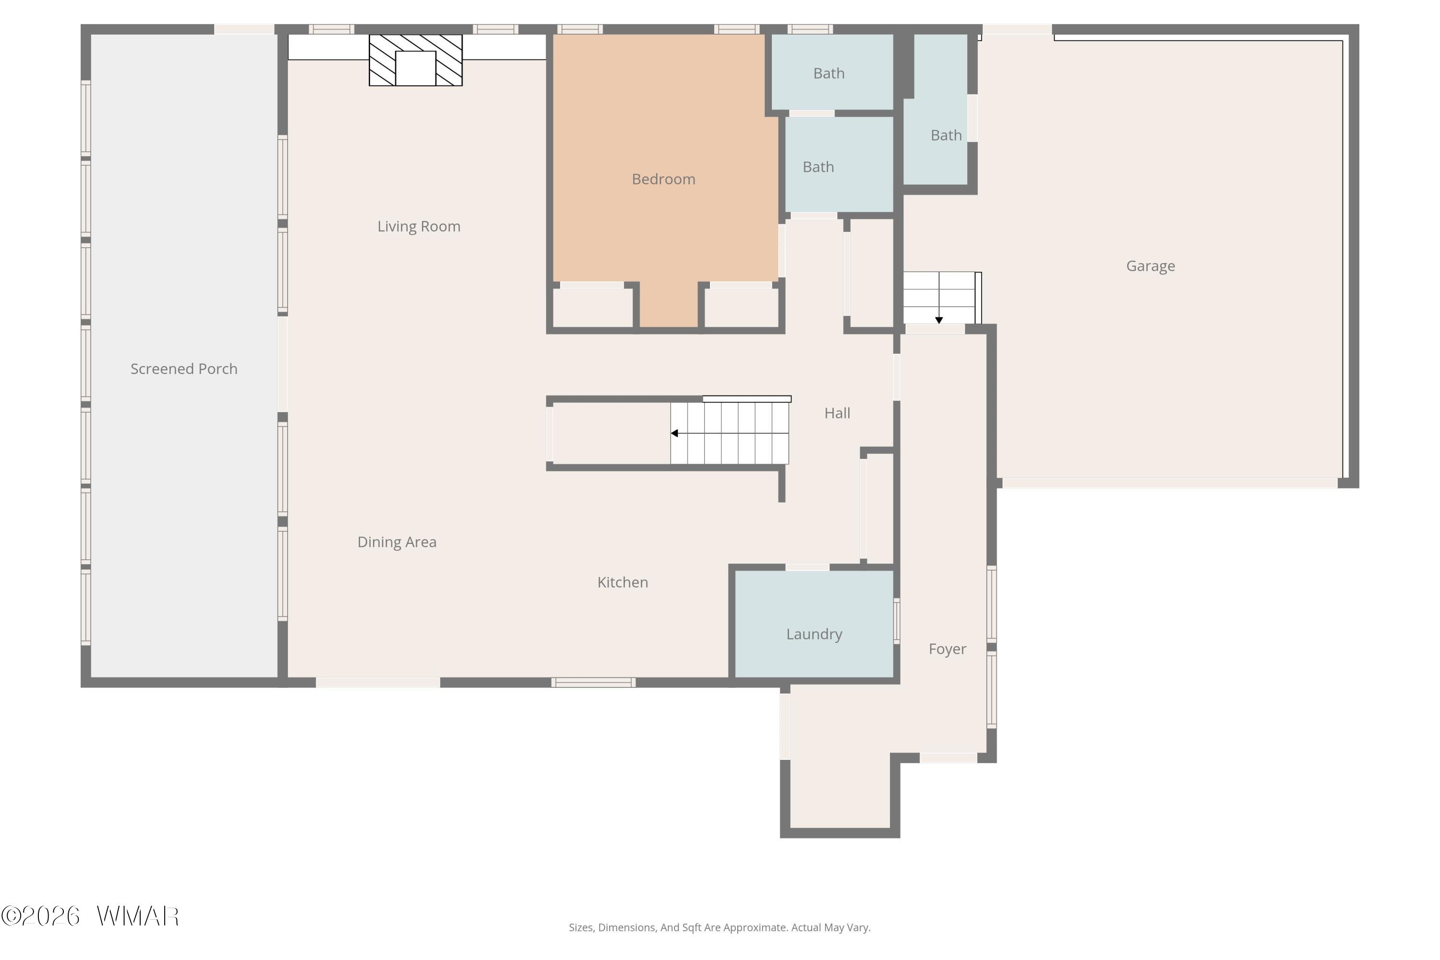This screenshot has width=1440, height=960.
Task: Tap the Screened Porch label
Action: click(x=184, y=369)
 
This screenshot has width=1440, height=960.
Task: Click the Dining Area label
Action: click(x=397, y=542)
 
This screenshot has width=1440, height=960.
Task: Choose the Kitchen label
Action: click(x=623, y=582)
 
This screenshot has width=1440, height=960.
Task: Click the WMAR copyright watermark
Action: click(x=90, y=916)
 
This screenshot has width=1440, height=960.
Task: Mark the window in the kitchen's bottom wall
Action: click(x=593, y=683)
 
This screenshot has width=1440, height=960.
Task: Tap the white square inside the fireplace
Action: click(x=416, y=69)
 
